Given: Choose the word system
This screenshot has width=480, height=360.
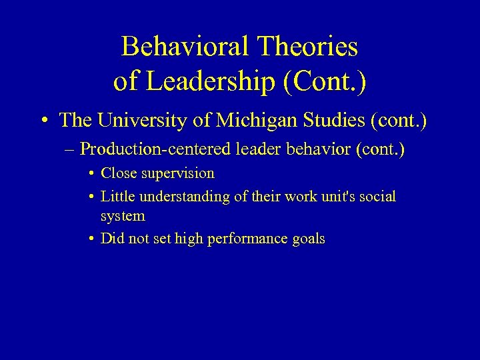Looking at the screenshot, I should [x=123, y=216].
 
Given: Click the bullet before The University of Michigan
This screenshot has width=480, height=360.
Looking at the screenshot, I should [x=43, y=121].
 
